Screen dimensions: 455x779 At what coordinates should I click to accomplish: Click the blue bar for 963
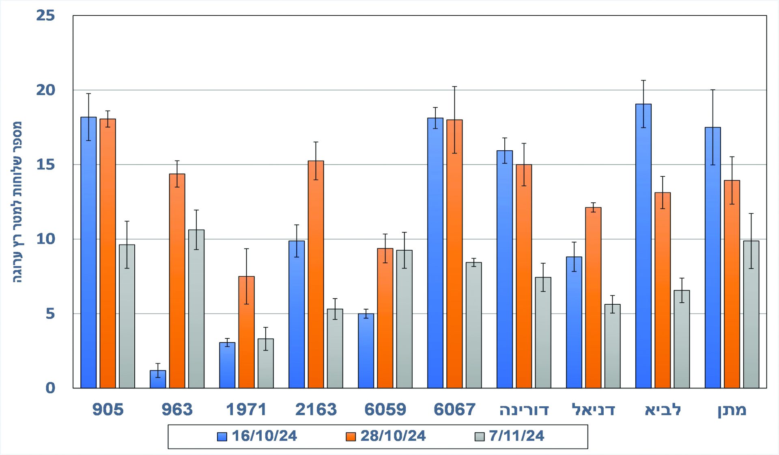pyautogui.click(x=158, y=379)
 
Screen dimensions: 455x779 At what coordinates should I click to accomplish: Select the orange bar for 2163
pyautogui.click(x=316, y=274)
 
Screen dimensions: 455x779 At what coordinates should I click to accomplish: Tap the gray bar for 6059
pyautogui.click(x=404, y=319)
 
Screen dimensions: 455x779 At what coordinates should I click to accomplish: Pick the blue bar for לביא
pyautogui.click(x=643, y=246)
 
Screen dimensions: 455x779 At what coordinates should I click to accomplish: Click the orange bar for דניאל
pyautogui.click(x=593, y=297)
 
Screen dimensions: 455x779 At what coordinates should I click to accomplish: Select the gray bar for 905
pyautogui.click(x=127, y=316)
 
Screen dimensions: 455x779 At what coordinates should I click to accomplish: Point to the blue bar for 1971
pyautogui.click(x=227, y=365)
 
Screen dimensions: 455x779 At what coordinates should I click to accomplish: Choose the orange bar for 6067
pyautogui.click(x=454, y=254)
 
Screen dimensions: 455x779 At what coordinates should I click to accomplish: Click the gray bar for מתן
pyautogui.click(x=751, y=314)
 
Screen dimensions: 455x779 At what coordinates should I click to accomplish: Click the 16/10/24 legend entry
pyautogui.click(x=257, y=436)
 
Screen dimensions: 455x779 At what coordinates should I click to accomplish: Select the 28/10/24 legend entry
pyautogui.click(x=386, y=436)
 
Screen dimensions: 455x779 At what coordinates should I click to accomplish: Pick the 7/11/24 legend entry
pyautogui.click(x=510, y=436)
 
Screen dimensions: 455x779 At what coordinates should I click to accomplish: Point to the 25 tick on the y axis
pyautogui.click(x=45, y=16)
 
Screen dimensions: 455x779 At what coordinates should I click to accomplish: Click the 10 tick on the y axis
pyautogui.click(x=45, y=239)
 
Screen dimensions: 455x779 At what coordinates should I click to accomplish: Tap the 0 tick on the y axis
pyautogui.click(x=50, y=388)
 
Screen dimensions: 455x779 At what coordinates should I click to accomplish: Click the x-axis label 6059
pyautogui.click(x=385, y=409)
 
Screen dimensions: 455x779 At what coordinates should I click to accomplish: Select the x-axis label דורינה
pyautogui.click(x=524, y=409)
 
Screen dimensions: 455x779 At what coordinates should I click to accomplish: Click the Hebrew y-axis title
pyautogui.click(x=17, y=202)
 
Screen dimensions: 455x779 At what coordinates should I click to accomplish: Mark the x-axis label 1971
pyautogui.click(x=246, y=409)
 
